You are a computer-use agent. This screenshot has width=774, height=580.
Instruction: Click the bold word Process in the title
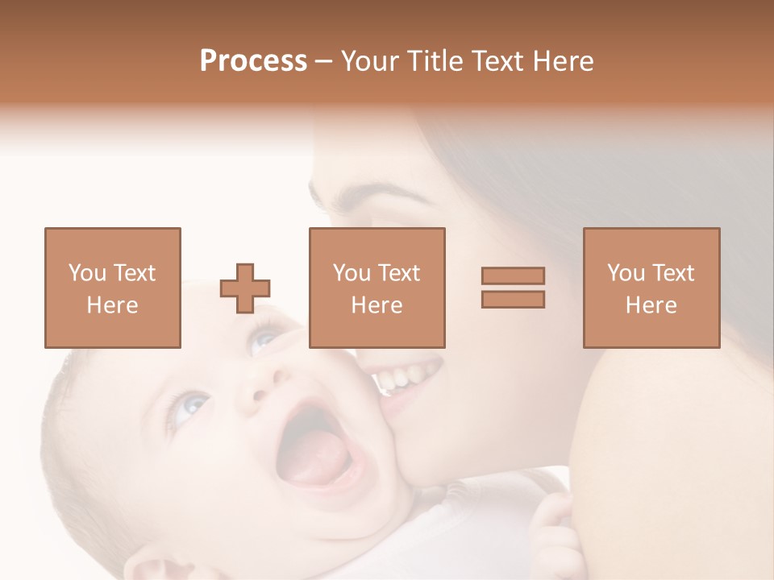pos(253,61)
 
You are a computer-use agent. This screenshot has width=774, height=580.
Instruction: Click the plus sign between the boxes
pos(245,288)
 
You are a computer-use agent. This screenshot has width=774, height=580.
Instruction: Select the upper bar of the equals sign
pos(513,275)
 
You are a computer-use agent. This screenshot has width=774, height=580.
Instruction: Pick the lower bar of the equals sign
pos(513,299)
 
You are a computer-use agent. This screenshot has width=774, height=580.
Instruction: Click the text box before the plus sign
pos(112,288)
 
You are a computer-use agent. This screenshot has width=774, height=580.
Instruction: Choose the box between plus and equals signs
pos(377,288)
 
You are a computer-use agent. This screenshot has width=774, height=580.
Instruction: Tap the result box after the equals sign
pos(651,288)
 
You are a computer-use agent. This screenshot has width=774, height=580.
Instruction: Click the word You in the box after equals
pos(626,273)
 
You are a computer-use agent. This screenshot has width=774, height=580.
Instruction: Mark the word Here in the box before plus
pos(112,305)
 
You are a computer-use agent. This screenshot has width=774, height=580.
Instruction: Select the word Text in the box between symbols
pos(399,273)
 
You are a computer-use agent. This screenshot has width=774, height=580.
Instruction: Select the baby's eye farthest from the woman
pos(187,407)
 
